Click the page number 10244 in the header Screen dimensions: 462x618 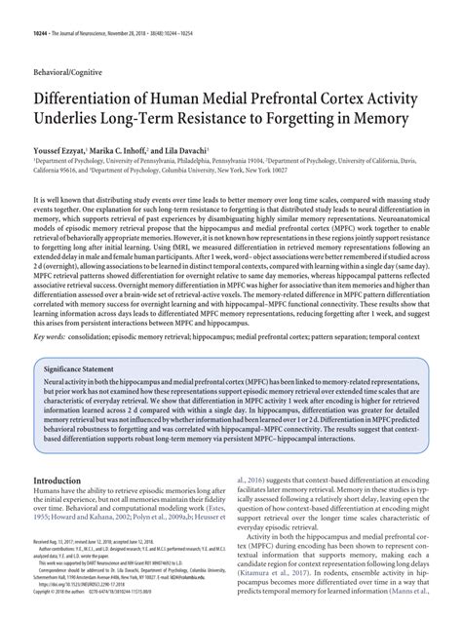click(x=43, y=16)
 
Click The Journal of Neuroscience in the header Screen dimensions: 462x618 click(x=96, y=16)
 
